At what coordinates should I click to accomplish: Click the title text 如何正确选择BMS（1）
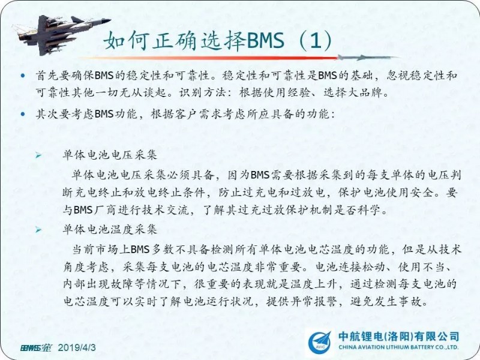coord(218,40)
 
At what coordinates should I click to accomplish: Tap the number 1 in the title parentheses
coord(316,41)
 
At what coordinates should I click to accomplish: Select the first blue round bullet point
coord(23,76)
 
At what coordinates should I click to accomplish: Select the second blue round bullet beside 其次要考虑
coord(23,114)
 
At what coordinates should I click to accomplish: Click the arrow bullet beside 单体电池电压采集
coord(38,155)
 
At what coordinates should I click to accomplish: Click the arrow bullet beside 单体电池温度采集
coord(38,230)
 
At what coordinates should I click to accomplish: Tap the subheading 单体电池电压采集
coord(110,155)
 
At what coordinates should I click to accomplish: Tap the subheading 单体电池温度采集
coord(110,229)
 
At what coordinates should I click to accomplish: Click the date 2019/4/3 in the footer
coord(77,348)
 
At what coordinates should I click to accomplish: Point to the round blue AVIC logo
coord(319,343)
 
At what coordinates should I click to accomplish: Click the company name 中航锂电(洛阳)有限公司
coord(398,337)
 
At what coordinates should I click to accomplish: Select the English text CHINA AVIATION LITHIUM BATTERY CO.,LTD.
coord(398,347)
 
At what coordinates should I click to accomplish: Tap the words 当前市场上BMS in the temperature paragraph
coord(111,250)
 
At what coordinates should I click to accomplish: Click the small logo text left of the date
coord(36,348)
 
